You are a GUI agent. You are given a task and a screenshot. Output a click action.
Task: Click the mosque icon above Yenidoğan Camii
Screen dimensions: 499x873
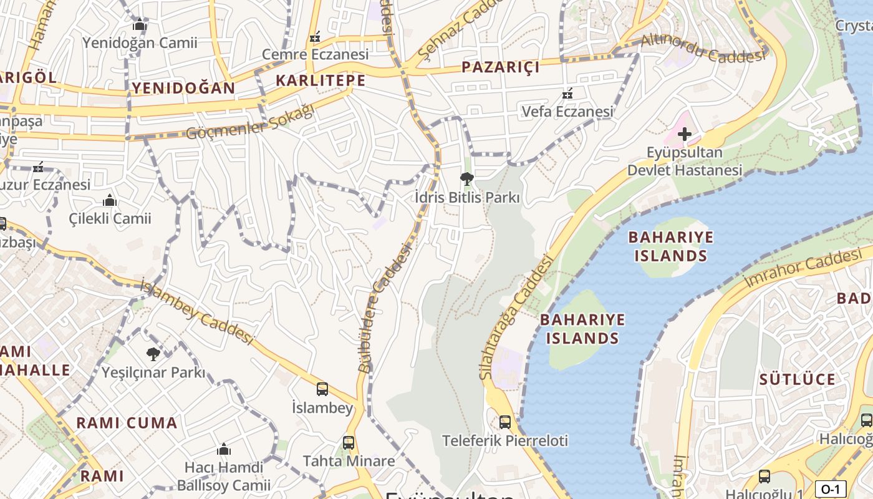pos(140,24)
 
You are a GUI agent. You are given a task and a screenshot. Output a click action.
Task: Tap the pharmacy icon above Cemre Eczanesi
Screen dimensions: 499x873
pos(315,37)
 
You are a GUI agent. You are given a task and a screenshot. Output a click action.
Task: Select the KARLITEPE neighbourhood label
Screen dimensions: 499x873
pos(321,80)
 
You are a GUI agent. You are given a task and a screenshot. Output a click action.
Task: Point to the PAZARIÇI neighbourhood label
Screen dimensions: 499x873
pos(500,67)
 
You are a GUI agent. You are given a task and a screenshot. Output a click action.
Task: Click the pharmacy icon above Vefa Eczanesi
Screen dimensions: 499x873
pos(567,94)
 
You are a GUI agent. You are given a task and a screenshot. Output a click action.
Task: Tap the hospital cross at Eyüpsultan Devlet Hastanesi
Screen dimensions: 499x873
pos(685,133)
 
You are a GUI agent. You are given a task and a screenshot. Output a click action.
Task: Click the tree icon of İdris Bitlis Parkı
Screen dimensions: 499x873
pos(466,180)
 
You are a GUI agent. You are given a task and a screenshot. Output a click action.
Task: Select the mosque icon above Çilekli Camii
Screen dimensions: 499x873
pos(110,200)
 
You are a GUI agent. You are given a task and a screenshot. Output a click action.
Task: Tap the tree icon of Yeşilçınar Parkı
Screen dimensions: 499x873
pos(153,354)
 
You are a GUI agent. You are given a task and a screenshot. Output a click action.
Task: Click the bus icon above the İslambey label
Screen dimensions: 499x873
pos(322,389)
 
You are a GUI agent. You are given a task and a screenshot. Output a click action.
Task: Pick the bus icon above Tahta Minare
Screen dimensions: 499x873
pos(349,443)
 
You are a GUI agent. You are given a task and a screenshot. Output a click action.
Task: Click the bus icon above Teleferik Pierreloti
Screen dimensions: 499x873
pos(505,422)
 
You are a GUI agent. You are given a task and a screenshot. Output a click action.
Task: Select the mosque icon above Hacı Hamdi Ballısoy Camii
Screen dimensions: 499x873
pos(224,449)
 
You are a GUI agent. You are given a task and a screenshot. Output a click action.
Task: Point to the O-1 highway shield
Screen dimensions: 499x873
pos(831,489)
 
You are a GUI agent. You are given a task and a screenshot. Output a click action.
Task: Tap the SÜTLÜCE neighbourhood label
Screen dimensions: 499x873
pos(797,379)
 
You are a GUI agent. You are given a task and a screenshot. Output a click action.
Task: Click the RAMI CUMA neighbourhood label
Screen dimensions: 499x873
pos(127,423)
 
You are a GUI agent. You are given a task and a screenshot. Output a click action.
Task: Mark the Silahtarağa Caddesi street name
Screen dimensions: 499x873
pos(516,317)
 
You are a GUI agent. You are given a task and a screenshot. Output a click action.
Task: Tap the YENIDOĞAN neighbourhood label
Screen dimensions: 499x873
pos(183,88)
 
